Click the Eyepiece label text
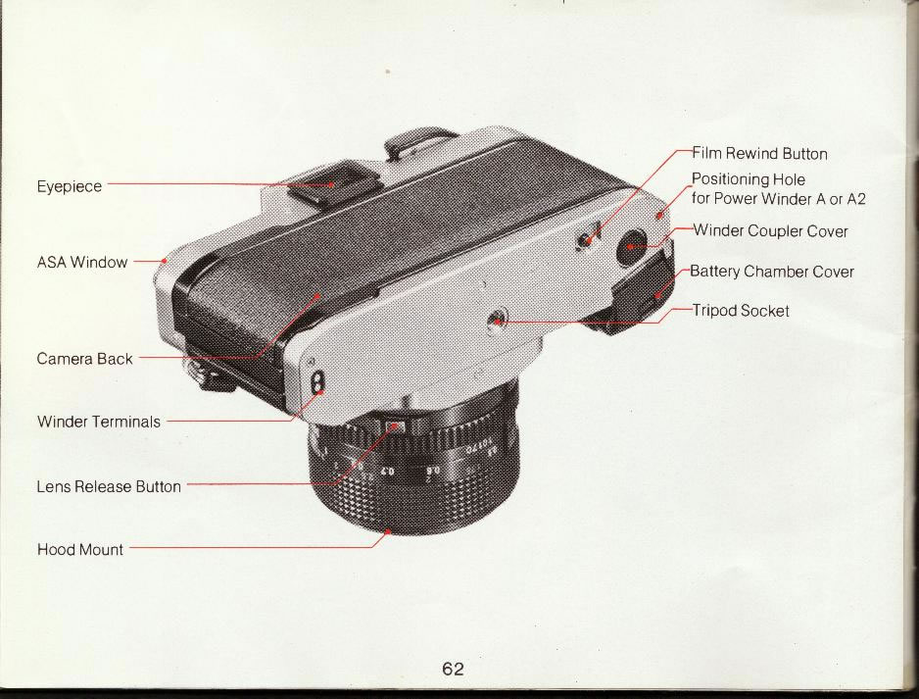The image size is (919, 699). tap(70, 186)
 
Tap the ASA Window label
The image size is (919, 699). tap(82, 262)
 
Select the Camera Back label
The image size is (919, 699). tap(84, 359)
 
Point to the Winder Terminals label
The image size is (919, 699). tap(98, 422)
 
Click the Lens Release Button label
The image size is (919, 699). tap(109, 486)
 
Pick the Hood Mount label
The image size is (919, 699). tap(79, 549)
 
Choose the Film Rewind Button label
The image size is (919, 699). tap(759, 154)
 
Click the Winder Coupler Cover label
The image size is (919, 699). tap(770, 231)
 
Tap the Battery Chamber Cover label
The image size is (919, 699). tap(772, 272)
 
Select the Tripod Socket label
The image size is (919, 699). tap(741, 310)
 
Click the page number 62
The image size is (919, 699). tap(453, 669)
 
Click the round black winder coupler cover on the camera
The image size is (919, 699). tap(631, 246)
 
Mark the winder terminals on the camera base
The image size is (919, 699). tap(316, 383)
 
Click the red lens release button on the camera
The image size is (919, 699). tap(397, 426)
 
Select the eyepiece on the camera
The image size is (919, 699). tap(332, 182)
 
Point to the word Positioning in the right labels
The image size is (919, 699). tap(725, 179)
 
